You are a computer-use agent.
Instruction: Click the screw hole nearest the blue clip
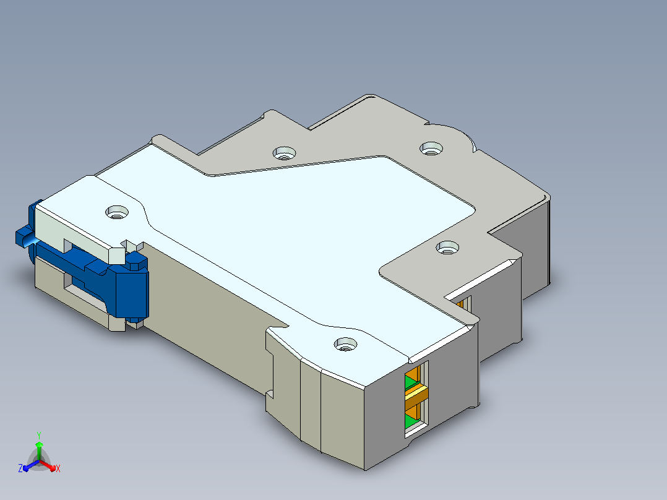click(117, 212)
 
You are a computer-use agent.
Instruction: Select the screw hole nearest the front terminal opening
click(345, 344)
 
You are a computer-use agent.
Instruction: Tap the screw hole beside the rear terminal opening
click(447, 248)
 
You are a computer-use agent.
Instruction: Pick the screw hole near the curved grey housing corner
click(431, 149)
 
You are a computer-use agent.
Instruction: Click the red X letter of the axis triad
click(58, 468)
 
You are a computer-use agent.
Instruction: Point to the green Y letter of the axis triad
click(39, 435)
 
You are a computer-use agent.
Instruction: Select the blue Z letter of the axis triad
click(20, 468)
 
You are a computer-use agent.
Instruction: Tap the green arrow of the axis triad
click(39, 450)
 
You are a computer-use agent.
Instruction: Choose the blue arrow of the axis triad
click(31, 465)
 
